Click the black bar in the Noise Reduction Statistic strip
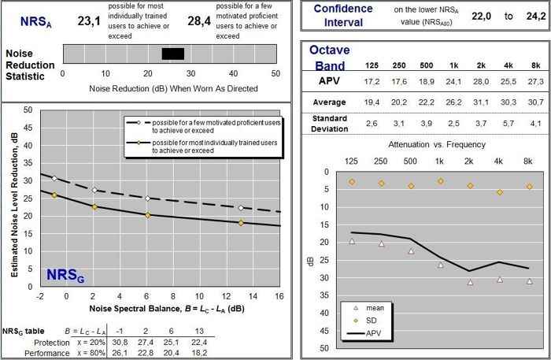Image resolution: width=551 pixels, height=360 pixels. point(172,54)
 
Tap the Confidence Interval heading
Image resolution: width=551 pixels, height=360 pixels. point(342,16)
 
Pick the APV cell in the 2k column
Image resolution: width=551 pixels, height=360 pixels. point(470,80)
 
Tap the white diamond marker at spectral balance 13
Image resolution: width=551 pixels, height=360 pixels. point(241,208)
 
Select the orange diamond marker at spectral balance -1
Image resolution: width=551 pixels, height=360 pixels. point(54,195)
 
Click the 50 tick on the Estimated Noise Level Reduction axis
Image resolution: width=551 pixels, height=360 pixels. point(28,109)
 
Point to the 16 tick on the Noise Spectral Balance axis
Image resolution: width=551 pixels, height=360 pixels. point(279,296)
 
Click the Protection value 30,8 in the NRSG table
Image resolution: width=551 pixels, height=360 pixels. point(120,343)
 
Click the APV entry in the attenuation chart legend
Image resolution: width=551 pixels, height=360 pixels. point(374,333)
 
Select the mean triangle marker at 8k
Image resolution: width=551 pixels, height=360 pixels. point(530,281)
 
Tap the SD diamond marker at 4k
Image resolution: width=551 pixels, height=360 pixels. point(499,192)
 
